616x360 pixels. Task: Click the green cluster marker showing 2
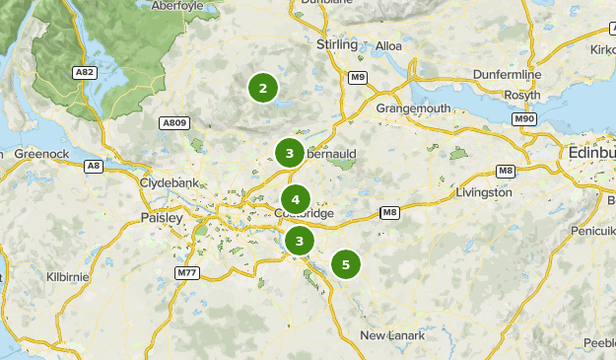tap(262, 89)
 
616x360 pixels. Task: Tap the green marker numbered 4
tap(295, 200)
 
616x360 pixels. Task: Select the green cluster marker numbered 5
tap(345, 264)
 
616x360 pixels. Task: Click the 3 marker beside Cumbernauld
tap(289, 153)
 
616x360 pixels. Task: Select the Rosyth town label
tap(521, 95)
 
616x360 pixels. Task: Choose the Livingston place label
tap(483, 192)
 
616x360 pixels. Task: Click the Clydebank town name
tap(170, 183)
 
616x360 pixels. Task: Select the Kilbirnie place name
tap(68, 277)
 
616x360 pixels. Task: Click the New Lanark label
tap(392, 335)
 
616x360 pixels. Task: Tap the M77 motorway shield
tap(187, 272)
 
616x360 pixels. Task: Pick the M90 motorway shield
tap(524, 118)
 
